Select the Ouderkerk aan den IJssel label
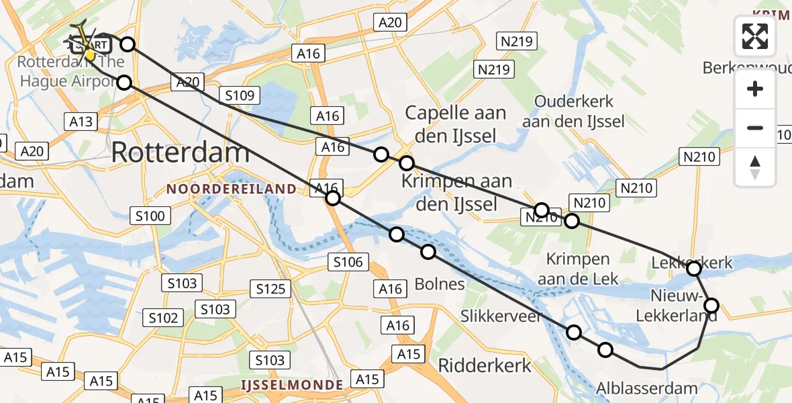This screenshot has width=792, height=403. [573, 111]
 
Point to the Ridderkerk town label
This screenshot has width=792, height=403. [485, 365]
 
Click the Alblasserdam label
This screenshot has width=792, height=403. [647, 388]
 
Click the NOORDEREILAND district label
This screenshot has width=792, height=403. [231, 189]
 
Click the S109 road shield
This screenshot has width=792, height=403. [240, 95]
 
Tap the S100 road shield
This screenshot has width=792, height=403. [150, 216]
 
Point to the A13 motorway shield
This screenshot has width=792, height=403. [81, 122]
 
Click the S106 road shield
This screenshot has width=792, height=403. [348, 262]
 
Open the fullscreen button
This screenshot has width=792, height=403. [755, 36]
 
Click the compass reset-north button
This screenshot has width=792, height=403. [755, 167]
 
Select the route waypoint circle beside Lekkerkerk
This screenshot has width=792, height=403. [694, 269]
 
